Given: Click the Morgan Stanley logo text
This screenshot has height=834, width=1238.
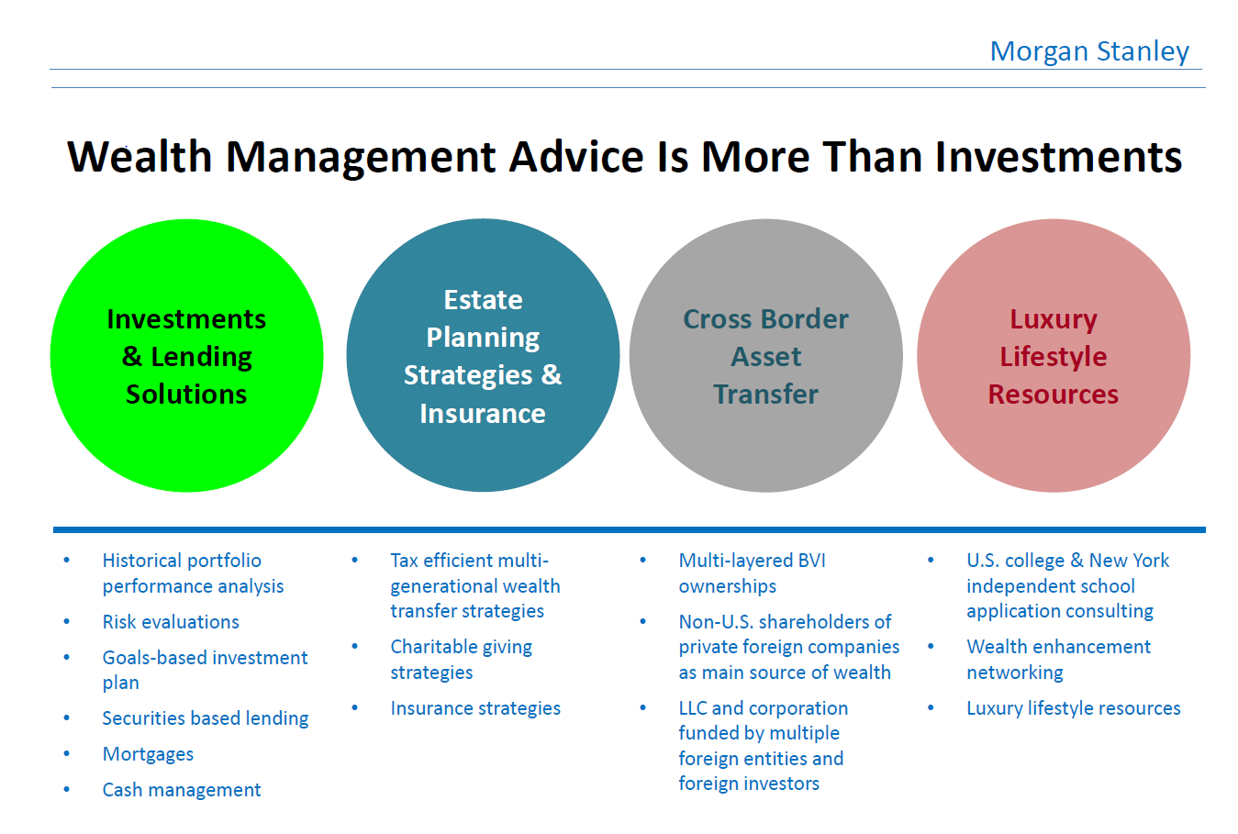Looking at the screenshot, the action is (x=1089, y=52).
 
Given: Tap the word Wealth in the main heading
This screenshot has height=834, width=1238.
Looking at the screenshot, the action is (x=139, y=157).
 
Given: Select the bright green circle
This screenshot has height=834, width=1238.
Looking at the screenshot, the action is (x=187, y=355).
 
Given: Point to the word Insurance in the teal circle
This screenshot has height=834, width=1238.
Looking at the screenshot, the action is (x=483, y=414).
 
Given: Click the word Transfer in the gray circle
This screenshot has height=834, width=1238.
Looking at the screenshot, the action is (x=765, y=395).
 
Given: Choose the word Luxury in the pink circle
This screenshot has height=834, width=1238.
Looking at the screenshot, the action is (x=1054, y=320).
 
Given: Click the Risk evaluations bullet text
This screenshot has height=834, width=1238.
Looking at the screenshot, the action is (x=171, y=622).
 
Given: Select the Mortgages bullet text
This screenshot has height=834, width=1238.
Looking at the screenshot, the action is (x=148, y=755).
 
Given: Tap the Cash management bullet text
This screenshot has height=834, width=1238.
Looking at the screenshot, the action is (x=182, y=790).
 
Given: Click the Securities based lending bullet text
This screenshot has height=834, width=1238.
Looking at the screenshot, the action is (x=206, y=718).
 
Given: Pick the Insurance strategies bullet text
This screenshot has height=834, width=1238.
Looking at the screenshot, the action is (x=475, y=708).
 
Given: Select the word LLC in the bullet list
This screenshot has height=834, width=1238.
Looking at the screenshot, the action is (x=693, y=708).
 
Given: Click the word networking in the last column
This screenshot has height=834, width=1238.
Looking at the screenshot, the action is (x=1015, y=673).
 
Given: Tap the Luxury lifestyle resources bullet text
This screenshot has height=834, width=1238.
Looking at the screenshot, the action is (x=1074, y=708).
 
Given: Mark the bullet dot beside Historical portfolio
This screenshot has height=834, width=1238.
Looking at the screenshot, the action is (x=67, y=561).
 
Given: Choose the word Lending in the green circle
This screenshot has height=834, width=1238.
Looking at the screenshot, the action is (x=201, y=358).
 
